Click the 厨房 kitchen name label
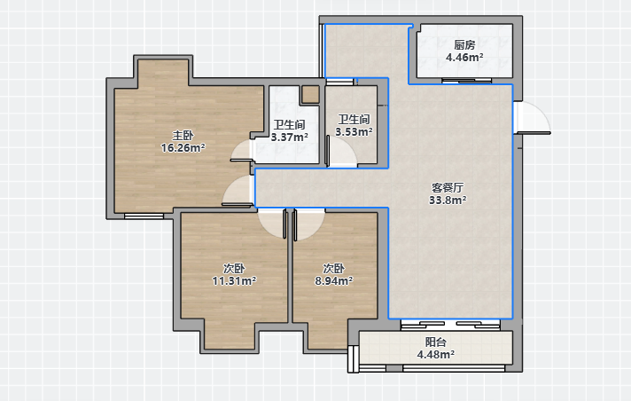coord(464,44)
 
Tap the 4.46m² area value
coord(464,58)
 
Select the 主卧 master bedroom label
coord(183,136)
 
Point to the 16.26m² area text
coord(183,148)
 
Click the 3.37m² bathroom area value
coord(289,137)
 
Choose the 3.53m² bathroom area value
coord(354,132)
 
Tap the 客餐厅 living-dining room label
coord(448,187)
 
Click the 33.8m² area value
coord(448,200)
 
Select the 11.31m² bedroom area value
coord(234,280)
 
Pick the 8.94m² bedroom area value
coord(333,280)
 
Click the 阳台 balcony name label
coord(436,342)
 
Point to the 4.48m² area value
coord(436,355)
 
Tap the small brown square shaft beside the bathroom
coord(310,94)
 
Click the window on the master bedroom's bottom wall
coord(144,216)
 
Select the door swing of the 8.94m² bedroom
coord(309,224)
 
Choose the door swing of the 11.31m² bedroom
coord(272,224)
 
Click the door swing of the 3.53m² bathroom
coord(341,150)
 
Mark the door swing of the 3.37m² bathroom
coord(242,151)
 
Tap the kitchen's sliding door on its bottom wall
coord(467,81)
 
